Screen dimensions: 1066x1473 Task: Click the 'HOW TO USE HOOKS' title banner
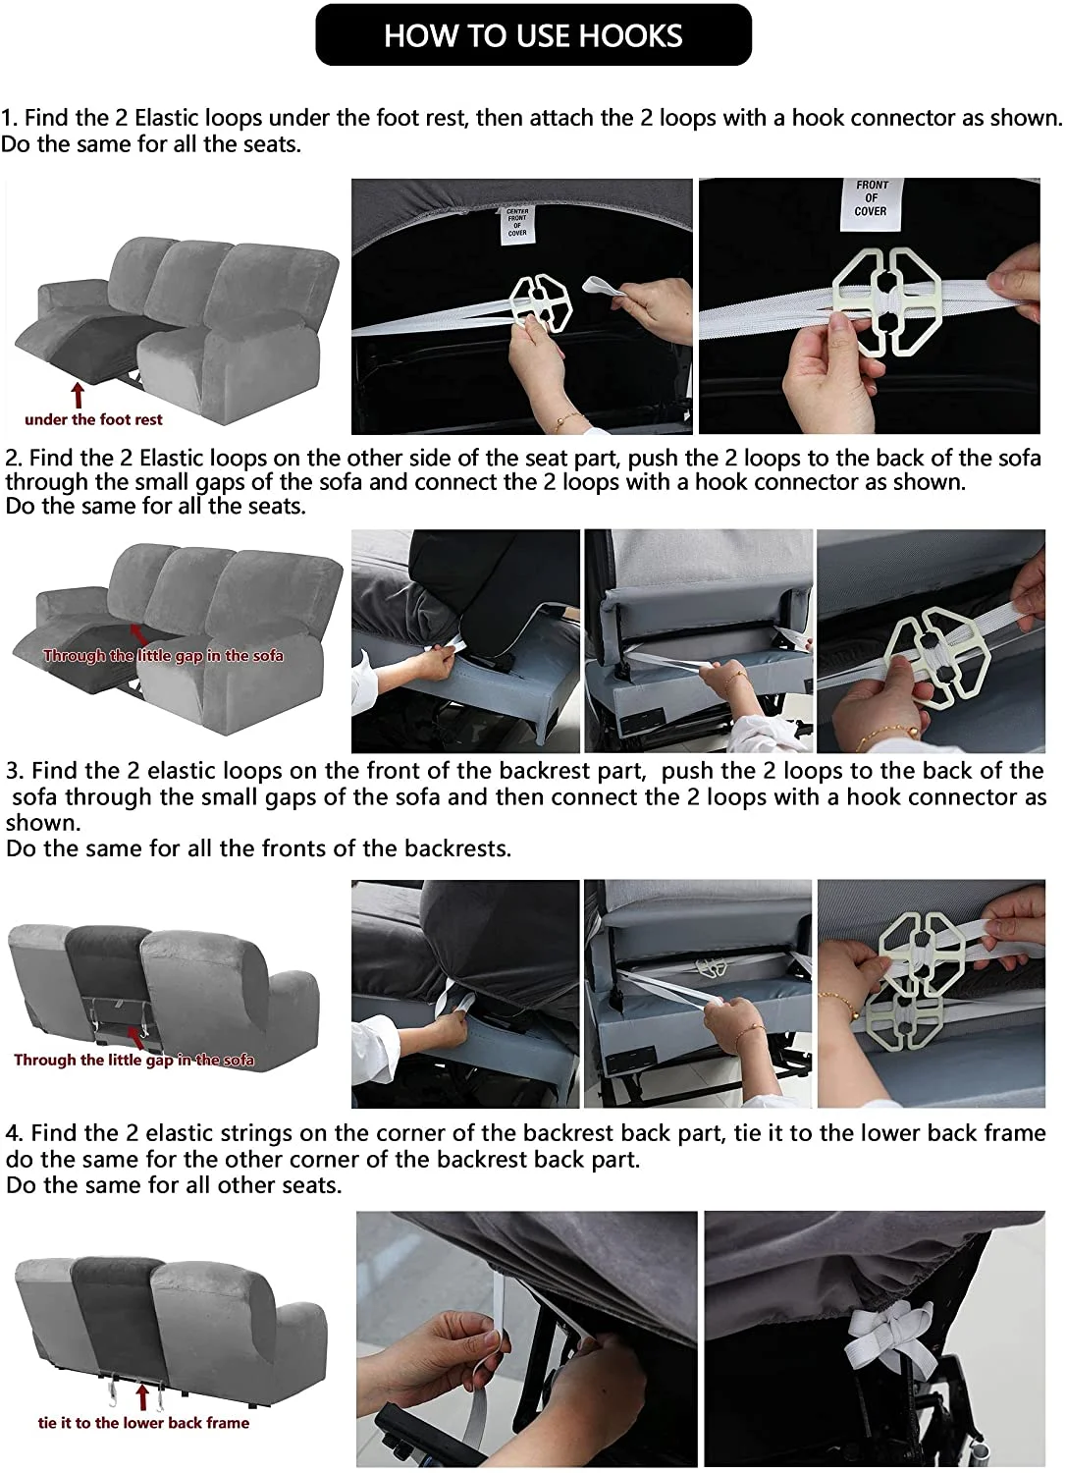[x=533, y=34]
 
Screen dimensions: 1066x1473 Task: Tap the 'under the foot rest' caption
[x=93, y=419]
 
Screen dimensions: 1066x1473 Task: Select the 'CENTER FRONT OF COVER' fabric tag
[x=517, y=224]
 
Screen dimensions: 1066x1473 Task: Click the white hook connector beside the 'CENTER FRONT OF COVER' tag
[x=541, y=303]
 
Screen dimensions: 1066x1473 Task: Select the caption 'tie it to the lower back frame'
[x=143, y=1422]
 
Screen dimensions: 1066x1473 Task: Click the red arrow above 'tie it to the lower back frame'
[x=142, y=1398]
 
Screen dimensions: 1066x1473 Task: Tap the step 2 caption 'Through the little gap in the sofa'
[x=163, y=656]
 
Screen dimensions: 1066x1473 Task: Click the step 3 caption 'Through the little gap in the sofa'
[x=134, y=1060]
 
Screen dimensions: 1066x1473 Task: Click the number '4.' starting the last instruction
[x=14, y=1133]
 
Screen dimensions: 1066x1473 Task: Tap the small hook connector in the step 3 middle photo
[x=707, y=967]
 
